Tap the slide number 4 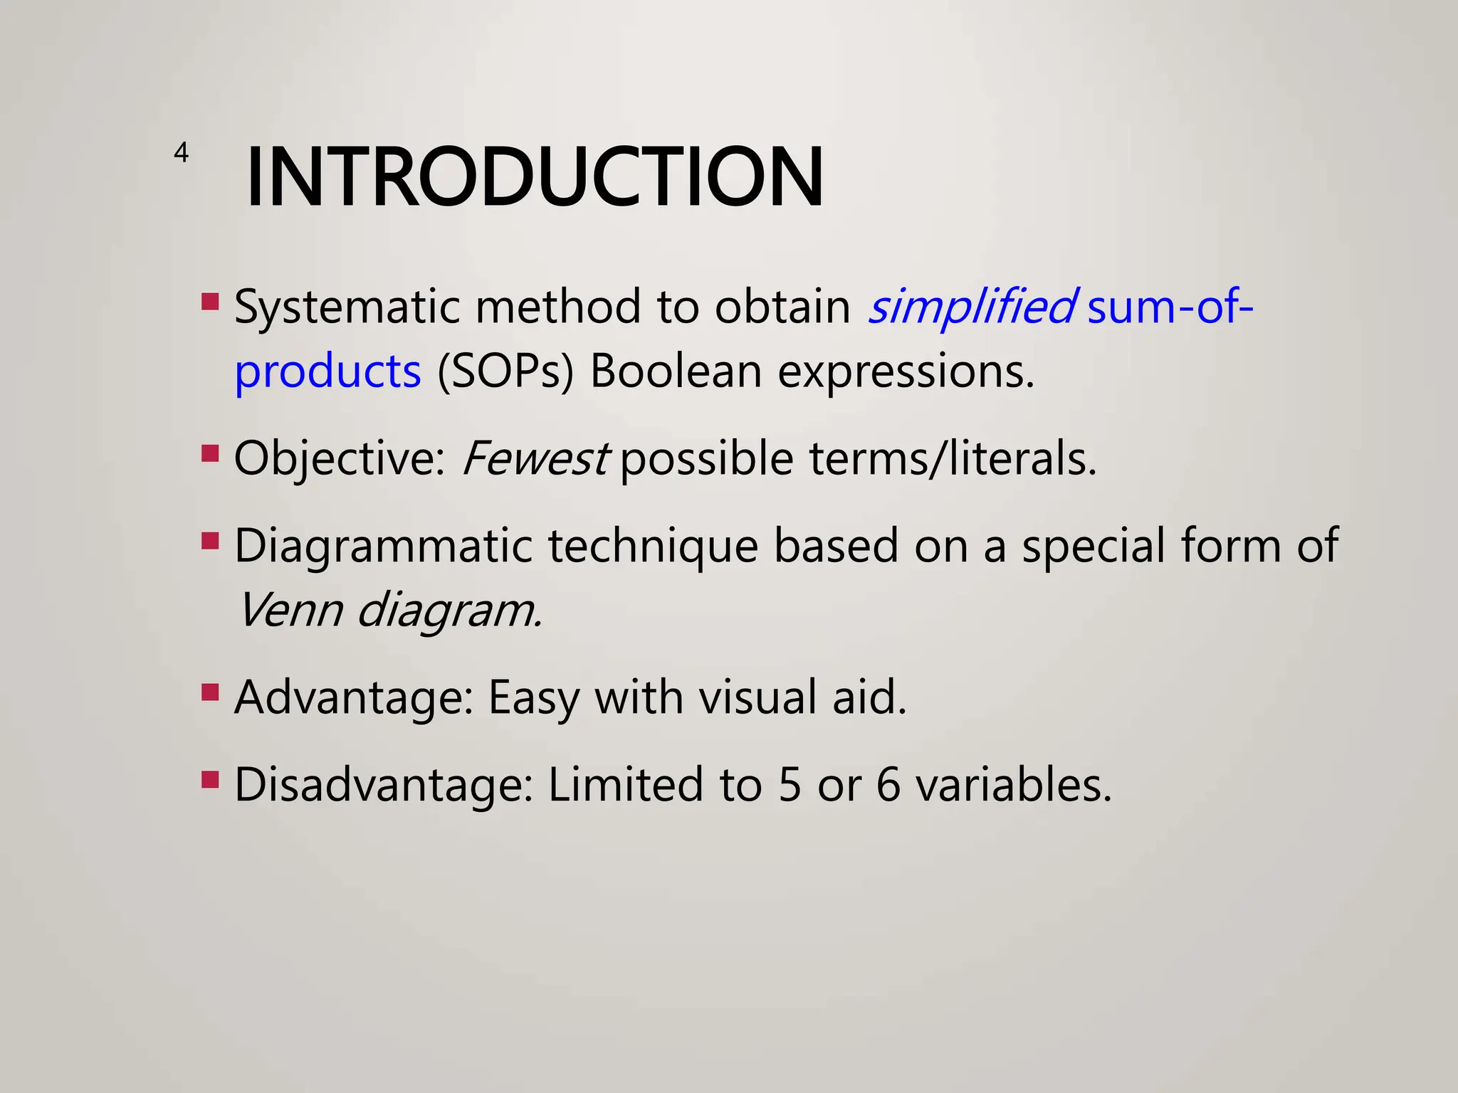point(181,152)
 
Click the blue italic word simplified point(972,307)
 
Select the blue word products point(327,372)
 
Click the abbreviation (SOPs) point(505,372)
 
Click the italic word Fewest point(535,458)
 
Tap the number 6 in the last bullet point(888,785)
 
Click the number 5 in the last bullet point(790,785)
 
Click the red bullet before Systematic point(210,302)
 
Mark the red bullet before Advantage point(210,692)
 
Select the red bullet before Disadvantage point(210,780)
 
